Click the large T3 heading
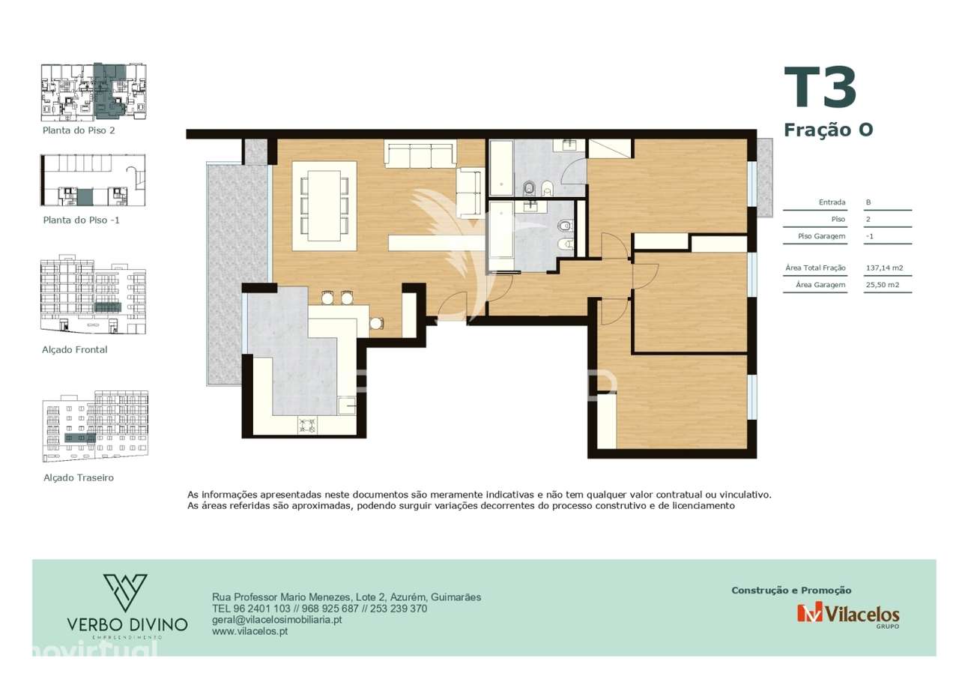click(820, 88)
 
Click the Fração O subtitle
click(828, 130)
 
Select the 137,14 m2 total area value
click(884, 268)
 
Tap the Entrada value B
click(868, 202)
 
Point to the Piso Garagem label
click(822, 236)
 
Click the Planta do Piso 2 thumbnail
click(93, 92)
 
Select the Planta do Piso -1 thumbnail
click(93, 181)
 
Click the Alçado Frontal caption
click(75, 350)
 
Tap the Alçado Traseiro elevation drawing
click(94, 426)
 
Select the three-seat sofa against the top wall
click(420, 155)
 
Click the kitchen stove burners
click(308, 426)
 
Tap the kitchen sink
click(347, 406)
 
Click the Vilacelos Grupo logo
click(848, 614)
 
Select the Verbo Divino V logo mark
click(126, 592)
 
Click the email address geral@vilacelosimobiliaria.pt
click(277, 620)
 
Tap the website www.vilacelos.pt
click(250, 632)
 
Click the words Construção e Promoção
click(791, 591)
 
